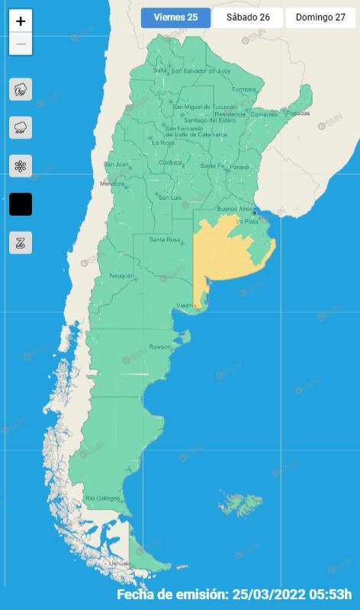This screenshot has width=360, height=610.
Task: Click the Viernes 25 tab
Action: click(x=175, y=18)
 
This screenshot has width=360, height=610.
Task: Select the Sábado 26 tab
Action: click(x=248, y=18)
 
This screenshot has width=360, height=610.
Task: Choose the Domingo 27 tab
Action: click(x=320, y=18)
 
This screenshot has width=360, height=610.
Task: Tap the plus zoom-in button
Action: click(x=21, y=21)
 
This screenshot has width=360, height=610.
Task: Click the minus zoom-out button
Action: click(x=21, y=43)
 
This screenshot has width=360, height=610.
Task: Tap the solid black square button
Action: click(x=21, y=204)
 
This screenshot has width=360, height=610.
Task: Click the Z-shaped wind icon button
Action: click(x=21, y=242)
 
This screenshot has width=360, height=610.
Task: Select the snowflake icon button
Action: click(x=21, y=165)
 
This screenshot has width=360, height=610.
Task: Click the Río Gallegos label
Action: click(x=102, y=498)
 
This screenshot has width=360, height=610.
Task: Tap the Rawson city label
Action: click(x=159, y=347)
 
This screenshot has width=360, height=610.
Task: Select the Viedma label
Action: click(x=187, y=306)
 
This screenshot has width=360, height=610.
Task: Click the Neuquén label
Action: click(x=122, y=275)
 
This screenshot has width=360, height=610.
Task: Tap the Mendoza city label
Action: click(x=112, y=184)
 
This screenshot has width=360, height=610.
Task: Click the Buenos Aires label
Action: click(x=234, y=208)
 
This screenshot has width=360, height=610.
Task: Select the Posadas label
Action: click(x=299, y=113)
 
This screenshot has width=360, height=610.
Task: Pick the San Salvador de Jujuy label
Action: click(x=201, y=71)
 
